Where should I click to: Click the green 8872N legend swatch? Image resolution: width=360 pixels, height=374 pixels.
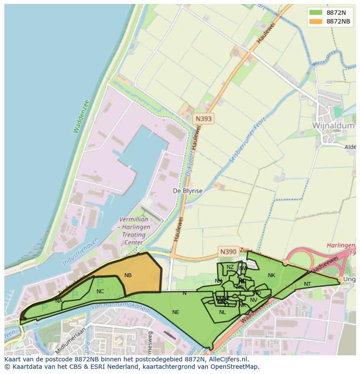coord(316,12)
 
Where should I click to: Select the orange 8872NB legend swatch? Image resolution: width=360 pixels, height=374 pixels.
coord(316,21)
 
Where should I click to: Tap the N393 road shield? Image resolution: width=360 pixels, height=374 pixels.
coord(203,118)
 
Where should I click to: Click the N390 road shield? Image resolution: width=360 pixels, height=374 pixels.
coord(228,252)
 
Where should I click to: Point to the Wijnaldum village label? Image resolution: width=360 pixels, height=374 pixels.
coord(330,125)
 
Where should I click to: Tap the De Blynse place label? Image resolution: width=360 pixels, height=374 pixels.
coord(187,191)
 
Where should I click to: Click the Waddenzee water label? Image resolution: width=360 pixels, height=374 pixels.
coord(81,116)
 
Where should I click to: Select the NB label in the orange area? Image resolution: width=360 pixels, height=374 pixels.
coord(128,275)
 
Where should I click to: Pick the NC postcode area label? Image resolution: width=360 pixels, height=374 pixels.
coord(100,291)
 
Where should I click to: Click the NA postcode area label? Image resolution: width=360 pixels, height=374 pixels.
coord(59,301)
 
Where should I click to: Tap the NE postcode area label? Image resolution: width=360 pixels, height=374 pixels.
coord(176,312)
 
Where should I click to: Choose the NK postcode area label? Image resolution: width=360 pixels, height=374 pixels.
coord(271,275)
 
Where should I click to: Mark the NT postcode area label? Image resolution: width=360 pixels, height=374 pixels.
coord(307,284)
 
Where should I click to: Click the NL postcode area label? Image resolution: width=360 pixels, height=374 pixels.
coord(223,312)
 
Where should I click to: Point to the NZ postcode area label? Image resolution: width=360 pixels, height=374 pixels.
coord(230,267)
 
